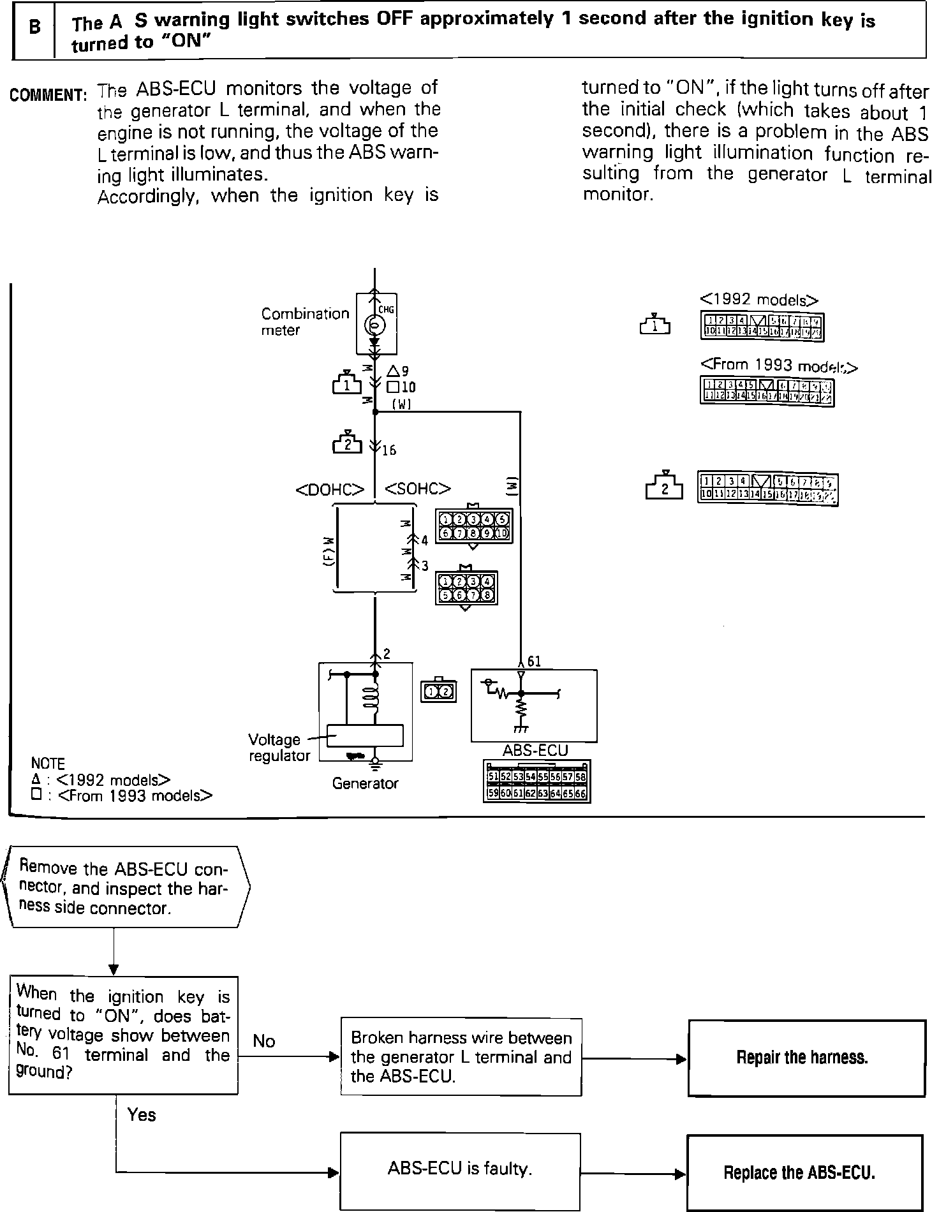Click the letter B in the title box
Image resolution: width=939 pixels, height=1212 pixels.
click(35, 28)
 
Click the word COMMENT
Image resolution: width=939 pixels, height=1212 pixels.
click(48, 96)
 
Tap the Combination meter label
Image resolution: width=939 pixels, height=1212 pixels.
click(305, 321)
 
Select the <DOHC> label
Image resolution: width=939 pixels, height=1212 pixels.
click(330, 489)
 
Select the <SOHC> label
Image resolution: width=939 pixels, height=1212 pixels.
click(418, 489)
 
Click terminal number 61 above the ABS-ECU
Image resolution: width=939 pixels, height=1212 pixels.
click(535, 661)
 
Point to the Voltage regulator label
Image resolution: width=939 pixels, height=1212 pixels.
click(279, 748)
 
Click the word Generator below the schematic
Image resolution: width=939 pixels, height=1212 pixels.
click(365, 783)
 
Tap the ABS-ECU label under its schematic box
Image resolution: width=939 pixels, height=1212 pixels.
click(535, 751)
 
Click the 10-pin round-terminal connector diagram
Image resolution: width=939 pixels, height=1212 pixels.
click(473, 526)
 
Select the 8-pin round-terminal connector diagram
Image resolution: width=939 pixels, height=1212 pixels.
click(466, 588)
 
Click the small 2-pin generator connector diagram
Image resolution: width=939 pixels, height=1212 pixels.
click(439, 691)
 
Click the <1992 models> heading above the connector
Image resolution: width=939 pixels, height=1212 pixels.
click(759, 300)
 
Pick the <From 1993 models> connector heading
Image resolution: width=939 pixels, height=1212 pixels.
click(779, 366)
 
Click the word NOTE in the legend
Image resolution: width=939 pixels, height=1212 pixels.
click(48, 764)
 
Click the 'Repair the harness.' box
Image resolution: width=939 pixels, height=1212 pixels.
click(806, 1058)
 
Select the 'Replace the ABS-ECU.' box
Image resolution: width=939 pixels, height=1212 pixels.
click(804, 1172)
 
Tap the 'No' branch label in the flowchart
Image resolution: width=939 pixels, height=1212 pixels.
click(264, 1042)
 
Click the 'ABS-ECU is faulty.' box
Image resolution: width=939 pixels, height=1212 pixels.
click(460, 1169)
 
